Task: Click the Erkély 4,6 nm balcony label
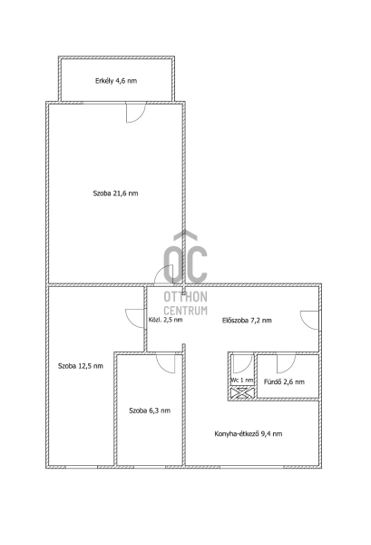coord(116,81)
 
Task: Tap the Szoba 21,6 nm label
coord(115,193)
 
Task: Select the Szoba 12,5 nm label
coord(81,366)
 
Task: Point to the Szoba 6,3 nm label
coord(150,411)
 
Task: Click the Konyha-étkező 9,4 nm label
coord(249,434)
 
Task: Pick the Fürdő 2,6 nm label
coord(284,382)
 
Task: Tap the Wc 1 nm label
coord(242,381)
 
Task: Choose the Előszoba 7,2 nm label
coord(247,321)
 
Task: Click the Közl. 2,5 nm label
coord(165,320)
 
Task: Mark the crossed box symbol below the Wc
coord(242,393)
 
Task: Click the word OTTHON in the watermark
coord(185,296)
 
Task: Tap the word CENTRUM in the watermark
coord(185,310)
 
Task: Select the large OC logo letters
coord(185,263)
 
